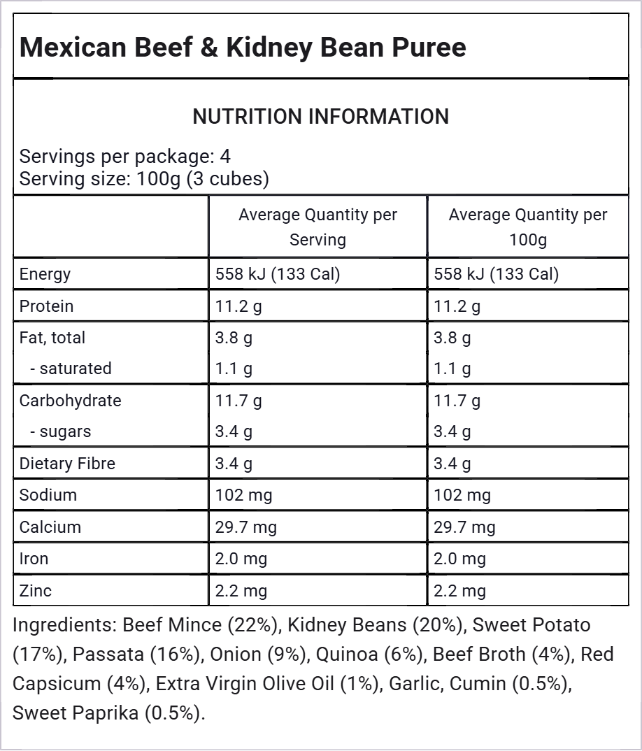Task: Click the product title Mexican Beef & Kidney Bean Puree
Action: click(242, 48)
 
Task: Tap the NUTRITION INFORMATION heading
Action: click(320, 117)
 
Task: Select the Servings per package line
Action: click(125, 156)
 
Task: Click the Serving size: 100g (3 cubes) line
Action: click(144, 179)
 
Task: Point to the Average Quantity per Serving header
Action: click(318, 227)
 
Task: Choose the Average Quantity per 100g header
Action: click(527, 227)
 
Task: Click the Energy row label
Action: click(45, 274)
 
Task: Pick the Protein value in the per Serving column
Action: click(238, 306)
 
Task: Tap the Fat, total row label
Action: click(52, 338)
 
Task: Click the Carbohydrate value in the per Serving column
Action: click(238, 401)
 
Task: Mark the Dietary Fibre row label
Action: click(67, 464)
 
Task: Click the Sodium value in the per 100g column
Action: click(462, 495)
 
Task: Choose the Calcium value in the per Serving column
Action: click(245, 527)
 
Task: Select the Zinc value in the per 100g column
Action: click(459, 591)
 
